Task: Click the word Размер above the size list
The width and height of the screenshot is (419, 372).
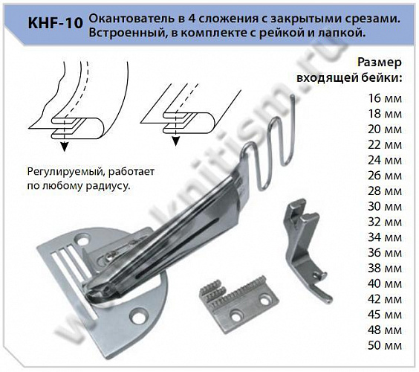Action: click(x=380, y=62)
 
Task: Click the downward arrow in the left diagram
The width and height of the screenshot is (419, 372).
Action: click(x=62, y=144)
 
